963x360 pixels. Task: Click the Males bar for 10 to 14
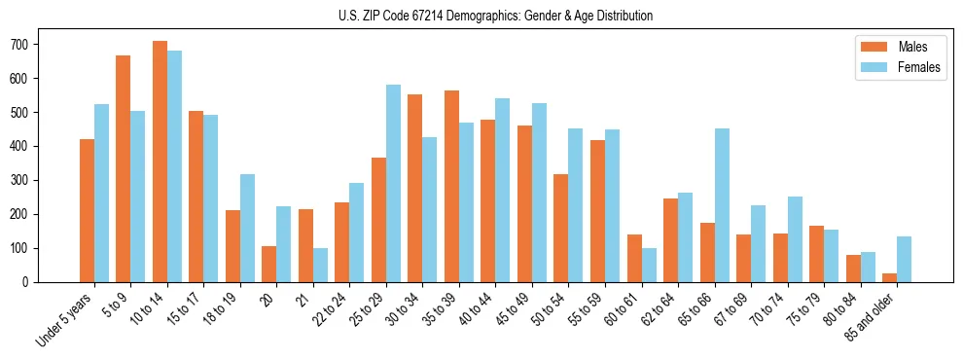tap(160, 162)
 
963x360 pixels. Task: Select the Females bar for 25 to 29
tap(393, 183)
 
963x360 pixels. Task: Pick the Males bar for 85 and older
tap(889, 277)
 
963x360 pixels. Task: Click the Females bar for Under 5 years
tap(101, 193)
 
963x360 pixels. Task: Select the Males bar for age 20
tap(269, 264)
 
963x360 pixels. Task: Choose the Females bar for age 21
tap(320, 265)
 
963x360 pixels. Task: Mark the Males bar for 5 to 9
tap(124, 168)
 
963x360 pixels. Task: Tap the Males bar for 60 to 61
tap(634, 258)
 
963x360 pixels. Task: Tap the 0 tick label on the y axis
tap(31, 282)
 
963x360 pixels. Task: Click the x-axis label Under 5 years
tap(67, 317)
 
